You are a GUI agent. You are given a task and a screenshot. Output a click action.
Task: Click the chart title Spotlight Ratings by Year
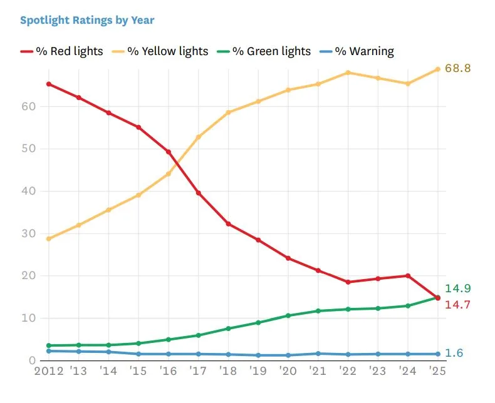click(x=87, y=20)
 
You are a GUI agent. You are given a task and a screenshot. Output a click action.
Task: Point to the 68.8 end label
click(x=457, y=68)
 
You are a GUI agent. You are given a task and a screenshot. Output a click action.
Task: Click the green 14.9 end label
click(x=457, y=288)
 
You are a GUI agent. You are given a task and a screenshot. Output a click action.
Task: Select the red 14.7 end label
click(x=457, y=305)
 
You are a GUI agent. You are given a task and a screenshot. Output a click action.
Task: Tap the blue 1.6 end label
click(x=454, y=354)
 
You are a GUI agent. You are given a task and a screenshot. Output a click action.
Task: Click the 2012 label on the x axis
click(x=48, y=371)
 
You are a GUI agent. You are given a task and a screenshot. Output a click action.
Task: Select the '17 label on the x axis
click(x=198, y=371)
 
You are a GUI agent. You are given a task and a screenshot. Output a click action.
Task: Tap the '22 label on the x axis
click(x=348, y=371)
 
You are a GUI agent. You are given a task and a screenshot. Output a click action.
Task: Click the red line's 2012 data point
click(x=49, y=84)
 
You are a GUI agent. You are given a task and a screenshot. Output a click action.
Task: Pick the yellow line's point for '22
click(x=348, y=73)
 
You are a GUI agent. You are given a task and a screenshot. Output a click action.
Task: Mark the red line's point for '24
click(x=408, y=276)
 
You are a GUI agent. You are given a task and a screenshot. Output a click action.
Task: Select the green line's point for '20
click(x=288, y=315)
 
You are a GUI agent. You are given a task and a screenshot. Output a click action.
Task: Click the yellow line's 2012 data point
click(x=49, y=238)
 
